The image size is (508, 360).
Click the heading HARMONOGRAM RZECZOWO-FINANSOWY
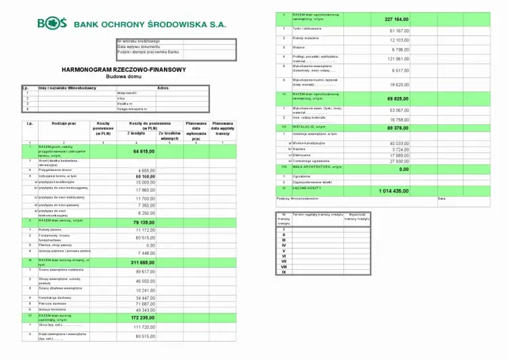[123, 69]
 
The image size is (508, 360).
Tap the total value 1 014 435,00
[394, 191]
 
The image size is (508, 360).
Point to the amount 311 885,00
[142, 262]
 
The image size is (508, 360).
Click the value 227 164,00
[396, 19]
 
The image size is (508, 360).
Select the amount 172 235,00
[142, 317]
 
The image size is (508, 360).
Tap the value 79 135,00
[143, 222]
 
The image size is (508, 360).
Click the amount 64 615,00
[143, 151]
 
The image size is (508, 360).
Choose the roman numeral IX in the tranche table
[284, 271]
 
